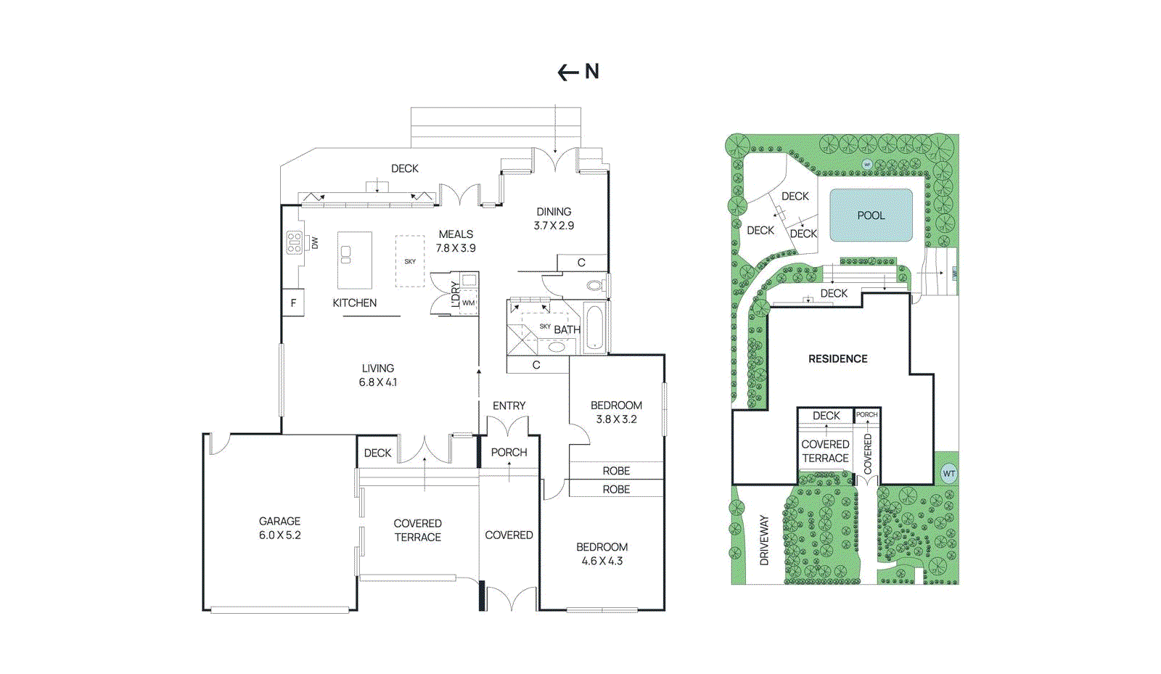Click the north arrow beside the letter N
coord(567,72)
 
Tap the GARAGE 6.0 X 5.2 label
coord(279,528)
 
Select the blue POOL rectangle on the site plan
coord(871,215)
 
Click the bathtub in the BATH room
coord(594,329)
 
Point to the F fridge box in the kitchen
coord(293,303)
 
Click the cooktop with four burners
coord(294,242)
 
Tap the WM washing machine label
coord(468,303)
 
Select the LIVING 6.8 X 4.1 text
coord(377,375)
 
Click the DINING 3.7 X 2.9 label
coord(554,218)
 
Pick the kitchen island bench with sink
coord(355,260)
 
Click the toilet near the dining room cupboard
coord(595,286)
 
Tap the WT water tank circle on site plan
coord(948,474)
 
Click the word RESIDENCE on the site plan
coord(837,358)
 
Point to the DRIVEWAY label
coord(763,540)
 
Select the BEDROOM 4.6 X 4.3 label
coord(602,554)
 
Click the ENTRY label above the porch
coord(509,406)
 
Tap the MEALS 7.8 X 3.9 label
coord(456,241)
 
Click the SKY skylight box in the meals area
coord(410,261)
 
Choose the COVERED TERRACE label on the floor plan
coord(417,530)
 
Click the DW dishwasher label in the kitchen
coord(315,243)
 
